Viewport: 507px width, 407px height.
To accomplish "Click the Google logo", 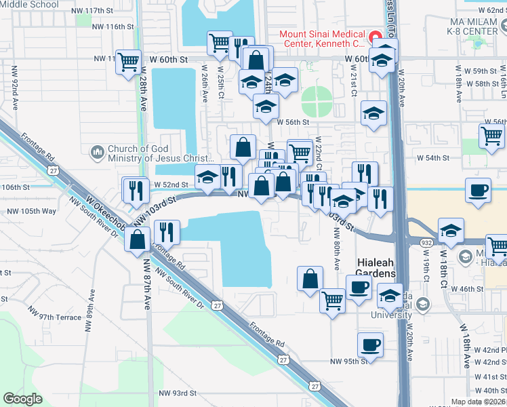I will click(22, 399).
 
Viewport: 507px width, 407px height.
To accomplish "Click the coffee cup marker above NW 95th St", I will click(370, 345).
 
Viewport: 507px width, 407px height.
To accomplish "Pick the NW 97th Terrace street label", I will click(54, 317).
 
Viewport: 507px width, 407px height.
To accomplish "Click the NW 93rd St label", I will click(174, 393).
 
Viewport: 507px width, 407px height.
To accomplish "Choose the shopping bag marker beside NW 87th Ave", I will click(137, 239).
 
